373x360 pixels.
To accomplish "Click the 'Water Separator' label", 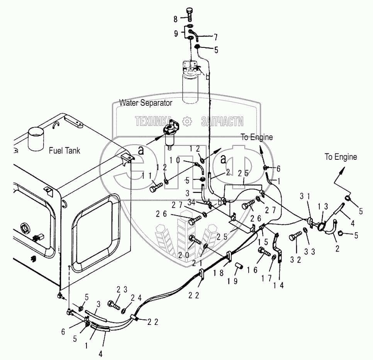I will click(x=146, y=103).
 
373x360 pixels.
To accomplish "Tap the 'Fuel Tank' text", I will click(x=64, y=150).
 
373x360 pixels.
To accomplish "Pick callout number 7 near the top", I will click(x=215, y=37).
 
